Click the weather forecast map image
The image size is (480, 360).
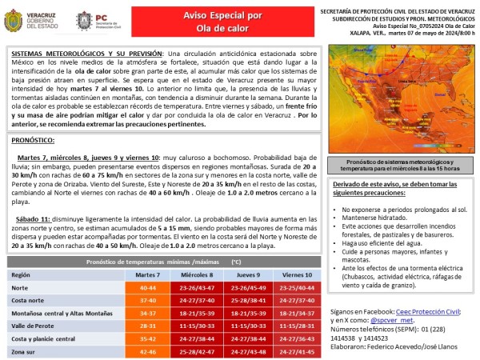pos(402,101)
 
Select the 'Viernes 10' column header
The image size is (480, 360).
pos(297,274)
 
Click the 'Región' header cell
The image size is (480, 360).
pos(21,274)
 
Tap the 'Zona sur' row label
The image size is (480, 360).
pos(24,351)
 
